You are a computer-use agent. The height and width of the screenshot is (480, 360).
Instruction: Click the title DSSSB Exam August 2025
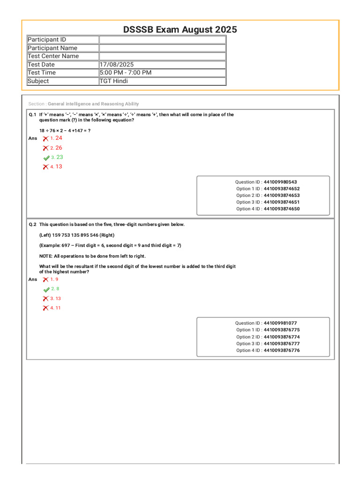click(x=180, y=30)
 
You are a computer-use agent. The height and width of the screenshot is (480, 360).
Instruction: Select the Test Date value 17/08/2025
click(x=117, y=64)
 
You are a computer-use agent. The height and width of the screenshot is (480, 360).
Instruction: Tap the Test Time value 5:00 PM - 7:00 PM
click(x=125, y=73)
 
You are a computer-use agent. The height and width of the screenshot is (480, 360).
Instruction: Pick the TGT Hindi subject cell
click(x=113, y=81)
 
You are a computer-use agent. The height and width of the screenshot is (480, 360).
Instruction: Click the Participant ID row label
click(x=46, y=40)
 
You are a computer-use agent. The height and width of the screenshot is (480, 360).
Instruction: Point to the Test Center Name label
click(x=53, y=56)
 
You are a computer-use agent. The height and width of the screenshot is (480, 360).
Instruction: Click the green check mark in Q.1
click(x=46, y=158)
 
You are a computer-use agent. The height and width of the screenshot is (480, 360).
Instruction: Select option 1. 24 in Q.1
click(x=56, y=138)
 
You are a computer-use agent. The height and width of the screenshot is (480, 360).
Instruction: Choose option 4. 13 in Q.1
click(x=56, y=167)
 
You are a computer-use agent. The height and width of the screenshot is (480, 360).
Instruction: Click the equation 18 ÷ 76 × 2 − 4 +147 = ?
click(x=65, y=130)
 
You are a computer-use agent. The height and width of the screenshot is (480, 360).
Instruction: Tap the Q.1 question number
click(x=32, y=114)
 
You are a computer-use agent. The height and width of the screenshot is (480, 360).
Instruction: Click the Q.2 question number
click(x=32, y=225)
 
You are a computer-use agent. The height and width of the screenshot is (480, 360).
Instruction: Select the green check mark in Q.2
click(x=46, y=290)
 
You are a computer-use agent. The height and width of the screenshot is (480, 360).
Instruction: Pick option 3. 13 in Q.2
click(x=56, y=299)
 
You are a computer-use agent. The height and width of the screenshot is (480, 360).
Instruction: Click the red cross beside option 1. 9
click(x=45, y=279)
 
